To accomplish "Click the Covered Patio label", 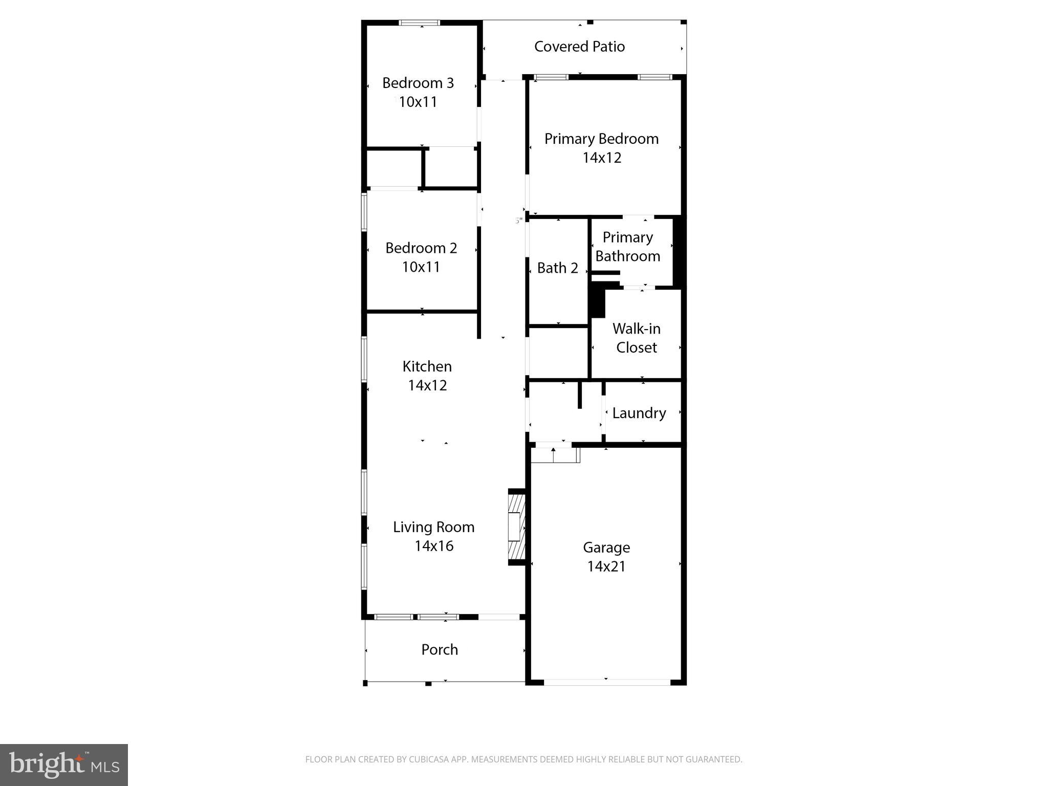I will tap(579, 47).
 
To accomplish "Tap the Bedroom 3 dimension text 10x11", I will tap(418, 102).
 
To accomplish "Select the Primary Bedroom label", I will tap(601, 139).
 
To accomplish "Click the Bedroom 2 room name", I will tap(421, 248).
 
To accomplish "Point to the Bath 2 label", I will tap(557, 268).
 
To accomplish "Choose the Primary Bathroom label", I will tap(627, 247).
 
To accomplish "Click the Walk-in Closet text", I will tap(636, 338).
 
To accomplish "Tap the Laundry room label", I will tap(639, 413).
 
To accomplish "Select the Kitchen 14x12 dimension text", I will tap(427, 385).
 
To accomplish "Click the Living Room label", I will tap(433, 527).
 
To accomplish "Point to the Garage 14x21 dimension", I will tap(606, 566).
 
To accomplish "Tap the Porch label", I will tap(439, 649).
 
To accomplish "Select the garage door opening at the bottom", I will tap(606, 682).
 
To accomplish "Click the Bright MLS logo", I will tap(63, 765).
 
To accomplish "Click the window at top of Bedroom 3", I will tap(419, 23).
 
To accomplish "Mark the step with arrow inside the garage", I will tap(554, 455).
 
